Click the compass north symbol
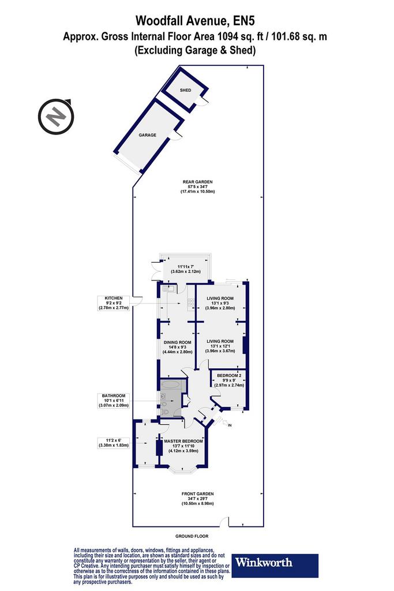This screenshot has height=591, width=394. tap(56, 117)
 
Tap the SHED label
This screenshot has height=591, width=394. tap(185, 90)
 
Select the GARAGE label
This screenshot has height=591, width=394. tap(147, 135)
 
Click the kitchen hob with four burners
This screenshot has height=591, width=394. tap(190, 302)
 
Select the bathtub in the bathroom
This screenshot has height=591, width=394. tap(172, 385)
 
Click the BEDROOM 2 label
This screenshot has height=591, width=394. tap(229, 375)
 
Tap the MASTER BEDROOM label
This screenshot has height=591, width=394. tap(183, 441)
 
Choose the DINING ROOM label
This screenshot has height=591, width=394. tap(178, 342)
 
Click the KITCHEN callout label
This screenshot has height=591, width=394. tap(114, 298)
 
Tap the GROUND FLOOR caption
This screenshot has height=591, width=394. tap(192, 536)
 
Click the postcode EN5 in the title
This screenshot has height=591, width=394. tap(245, 20)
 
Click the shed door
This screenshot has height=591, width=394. tap(204, 100)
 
